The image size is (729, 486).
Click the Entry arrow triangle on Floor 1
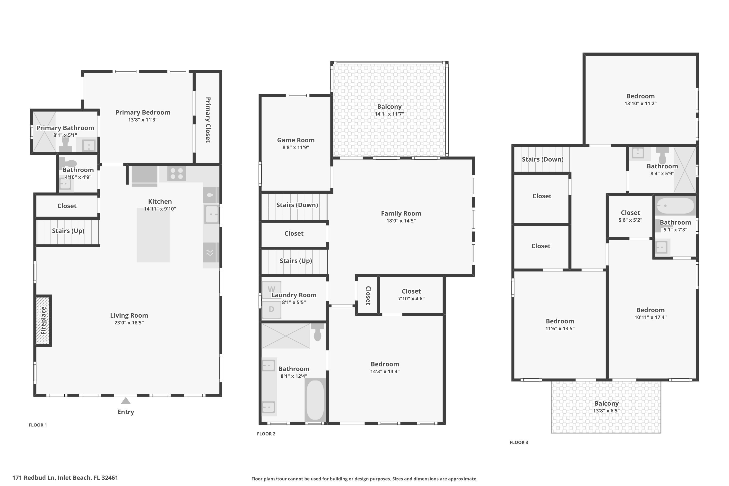(126, 401)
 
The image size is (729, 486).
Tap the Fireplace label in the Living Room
(43, 321)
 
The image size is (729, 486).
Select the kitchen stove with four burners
(177, 174)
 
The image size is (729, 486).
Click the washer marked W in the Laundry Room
(271, 289)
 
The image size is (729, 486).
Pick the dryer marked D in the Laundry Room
(271, 309)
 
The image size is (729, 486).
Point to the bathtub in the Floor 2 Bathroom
(315, 400)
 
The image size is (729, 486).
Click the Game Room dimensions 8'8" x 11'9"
(296, 148)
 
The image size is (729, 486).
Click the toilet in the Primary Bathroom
(65, 144)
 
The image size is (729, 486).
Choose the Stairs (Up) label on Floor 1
(68, 231)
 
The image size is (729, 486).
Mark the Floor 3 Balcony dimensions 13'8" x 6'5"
(606, 411)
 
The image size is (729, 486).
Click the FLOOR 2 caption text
(266, 434)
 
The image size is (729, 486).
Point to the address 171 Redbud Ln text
(65, 478)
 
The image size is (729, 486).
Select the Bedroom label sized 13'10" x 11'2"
(640, 96)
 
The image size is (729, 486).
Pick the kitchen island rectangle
(153, 235)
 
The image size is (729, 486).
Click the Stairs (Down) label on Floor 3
(542, 159)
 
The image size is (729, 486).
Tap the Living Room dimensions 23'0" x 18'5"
(129, 323)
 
